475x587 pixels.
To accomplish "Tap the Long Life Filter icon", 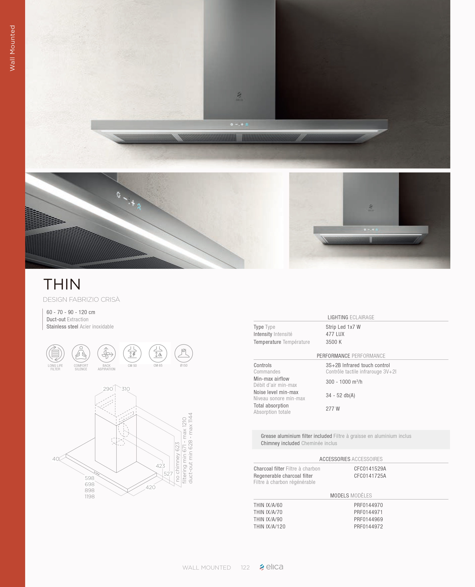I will [x=55, y=353].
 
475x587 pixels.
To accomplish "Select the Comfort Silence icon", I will [x=81, y=353].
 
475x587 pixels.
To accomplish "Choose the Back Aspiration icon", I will [x=106, y=353].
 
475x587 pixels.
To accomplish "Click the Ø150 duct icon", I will [x=184, y=353].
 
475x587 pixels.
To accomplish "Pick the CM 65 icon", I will [x=158, y=353].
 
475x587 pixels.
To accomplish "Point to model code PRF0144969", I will [x=368, y=519].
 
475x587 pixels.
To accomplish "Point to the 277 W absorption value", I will [x=333, y=409].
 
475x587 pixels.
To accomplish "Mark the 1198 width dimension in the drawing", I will [x=89, y=496].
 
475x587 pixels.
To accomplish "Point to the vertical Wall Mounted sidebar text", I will [x=12, y=48].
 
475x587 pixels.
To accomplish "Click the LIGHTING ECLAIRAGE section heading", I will [x=351, y=317].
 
